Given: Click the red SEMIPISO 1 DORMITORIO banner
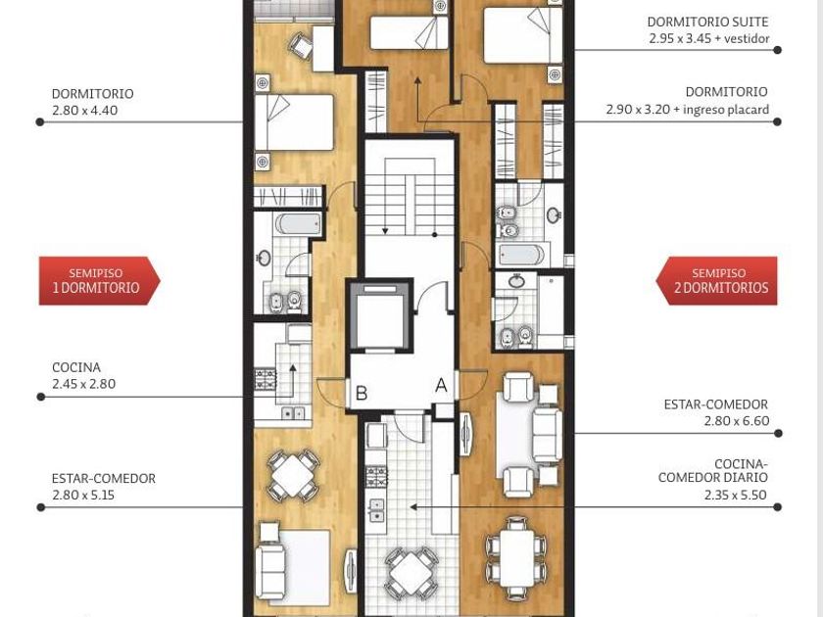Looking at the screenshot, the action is pos(99,281).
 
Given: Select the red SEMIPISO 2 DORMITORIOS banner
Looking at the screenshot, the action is pos(717,281).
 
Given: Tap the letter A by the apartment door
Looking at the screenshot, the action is pos(442,386).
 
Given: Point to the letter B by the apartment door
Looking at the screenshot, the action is pos(362,393).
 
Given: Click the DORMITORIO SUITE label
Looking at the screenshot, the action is pos(707,22).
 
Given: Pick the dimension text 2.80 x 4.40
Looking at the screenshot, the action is pos(84,110).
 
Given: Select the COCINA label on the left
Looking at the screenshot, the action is pos(76,367).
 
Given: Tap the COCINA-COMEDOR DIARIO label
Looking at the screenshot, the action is pos(713,471).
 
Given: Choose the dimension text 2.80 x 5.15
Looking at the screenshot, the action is pos(83,495).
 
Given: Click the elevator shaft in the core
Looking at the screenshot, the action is pos(380,316).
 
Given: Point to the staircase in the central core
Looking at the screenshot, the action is pos(410,197).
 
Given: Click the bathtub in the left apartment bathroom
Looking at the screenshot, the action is pos(298,224).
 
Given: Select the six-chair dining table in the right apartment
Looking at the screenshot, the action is pos(517,558).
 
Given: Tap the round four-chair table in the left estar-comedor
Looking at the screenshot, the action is pos(293,474).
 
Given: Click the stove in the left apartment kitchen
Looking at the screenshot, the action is pos(266,379).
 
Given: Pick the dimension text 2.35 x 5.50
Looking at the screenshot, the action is pos(736,495).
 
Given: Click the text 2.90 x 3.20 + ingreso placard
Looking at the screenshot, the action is pos(687,110).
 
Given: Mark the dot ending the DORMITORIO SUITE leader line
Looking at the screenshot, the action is pos(777,50).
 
